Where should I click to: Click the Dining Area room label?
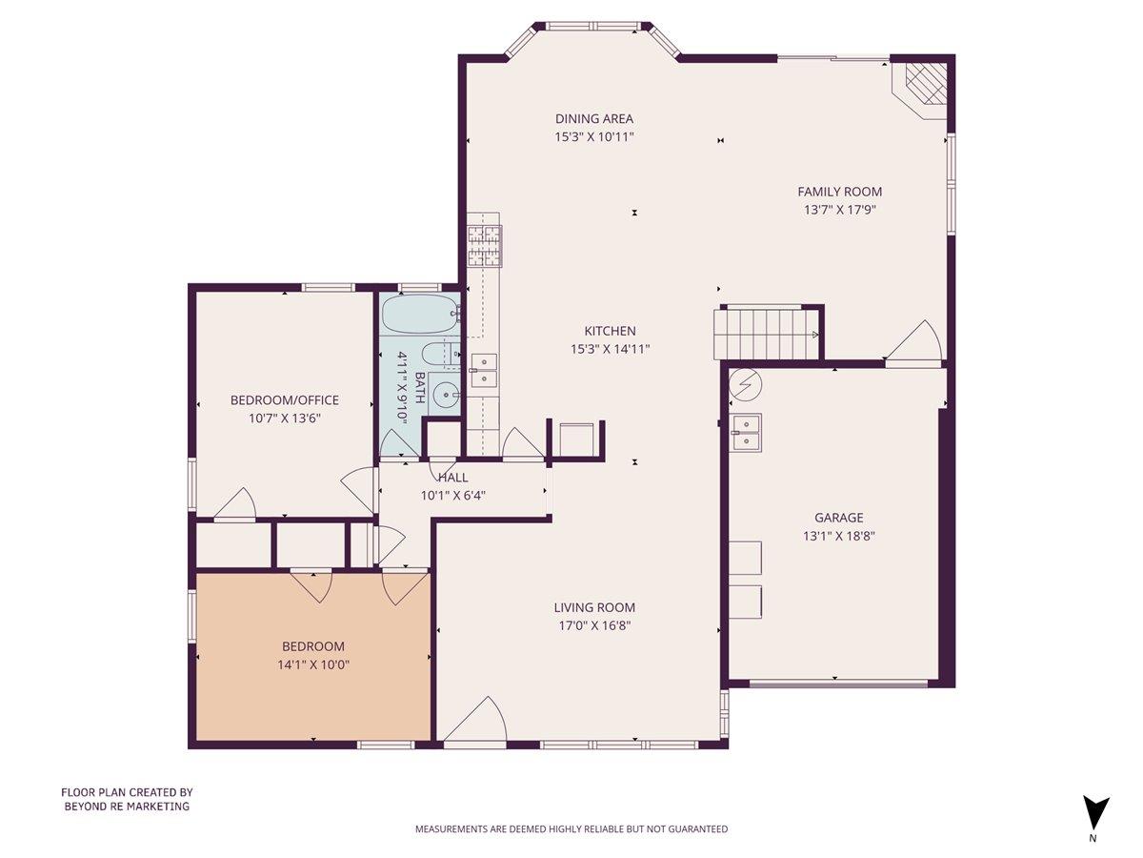[x=594, y=119]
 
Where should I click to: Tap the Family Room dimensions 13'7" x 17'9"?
[x=839, y=210]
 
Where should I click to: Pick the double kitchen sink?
[x=483, y=370]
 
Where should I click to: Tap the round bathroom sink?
[x=445, y=393]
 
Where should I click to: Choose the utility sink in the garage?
[x=746, y=431]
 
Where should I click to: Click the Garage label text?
[x=838, y=518]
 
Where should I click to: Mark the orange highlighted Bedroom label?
[x=313, y=646]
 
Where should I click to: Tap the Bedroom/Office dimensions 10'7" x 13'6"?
[x=284, y=418]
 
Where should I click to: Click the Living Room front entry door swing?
[x=476, y=722]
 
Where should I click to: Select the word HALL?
[x=452, y=477]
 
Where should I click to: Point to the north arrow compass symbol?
[x=1095, y=813]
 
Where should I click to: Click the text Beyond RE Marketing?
[x=127, y=807]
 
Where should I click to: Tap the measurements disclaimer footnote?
[x=571, y=829]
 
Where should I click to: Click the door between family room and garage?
[x=914, y=345]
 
